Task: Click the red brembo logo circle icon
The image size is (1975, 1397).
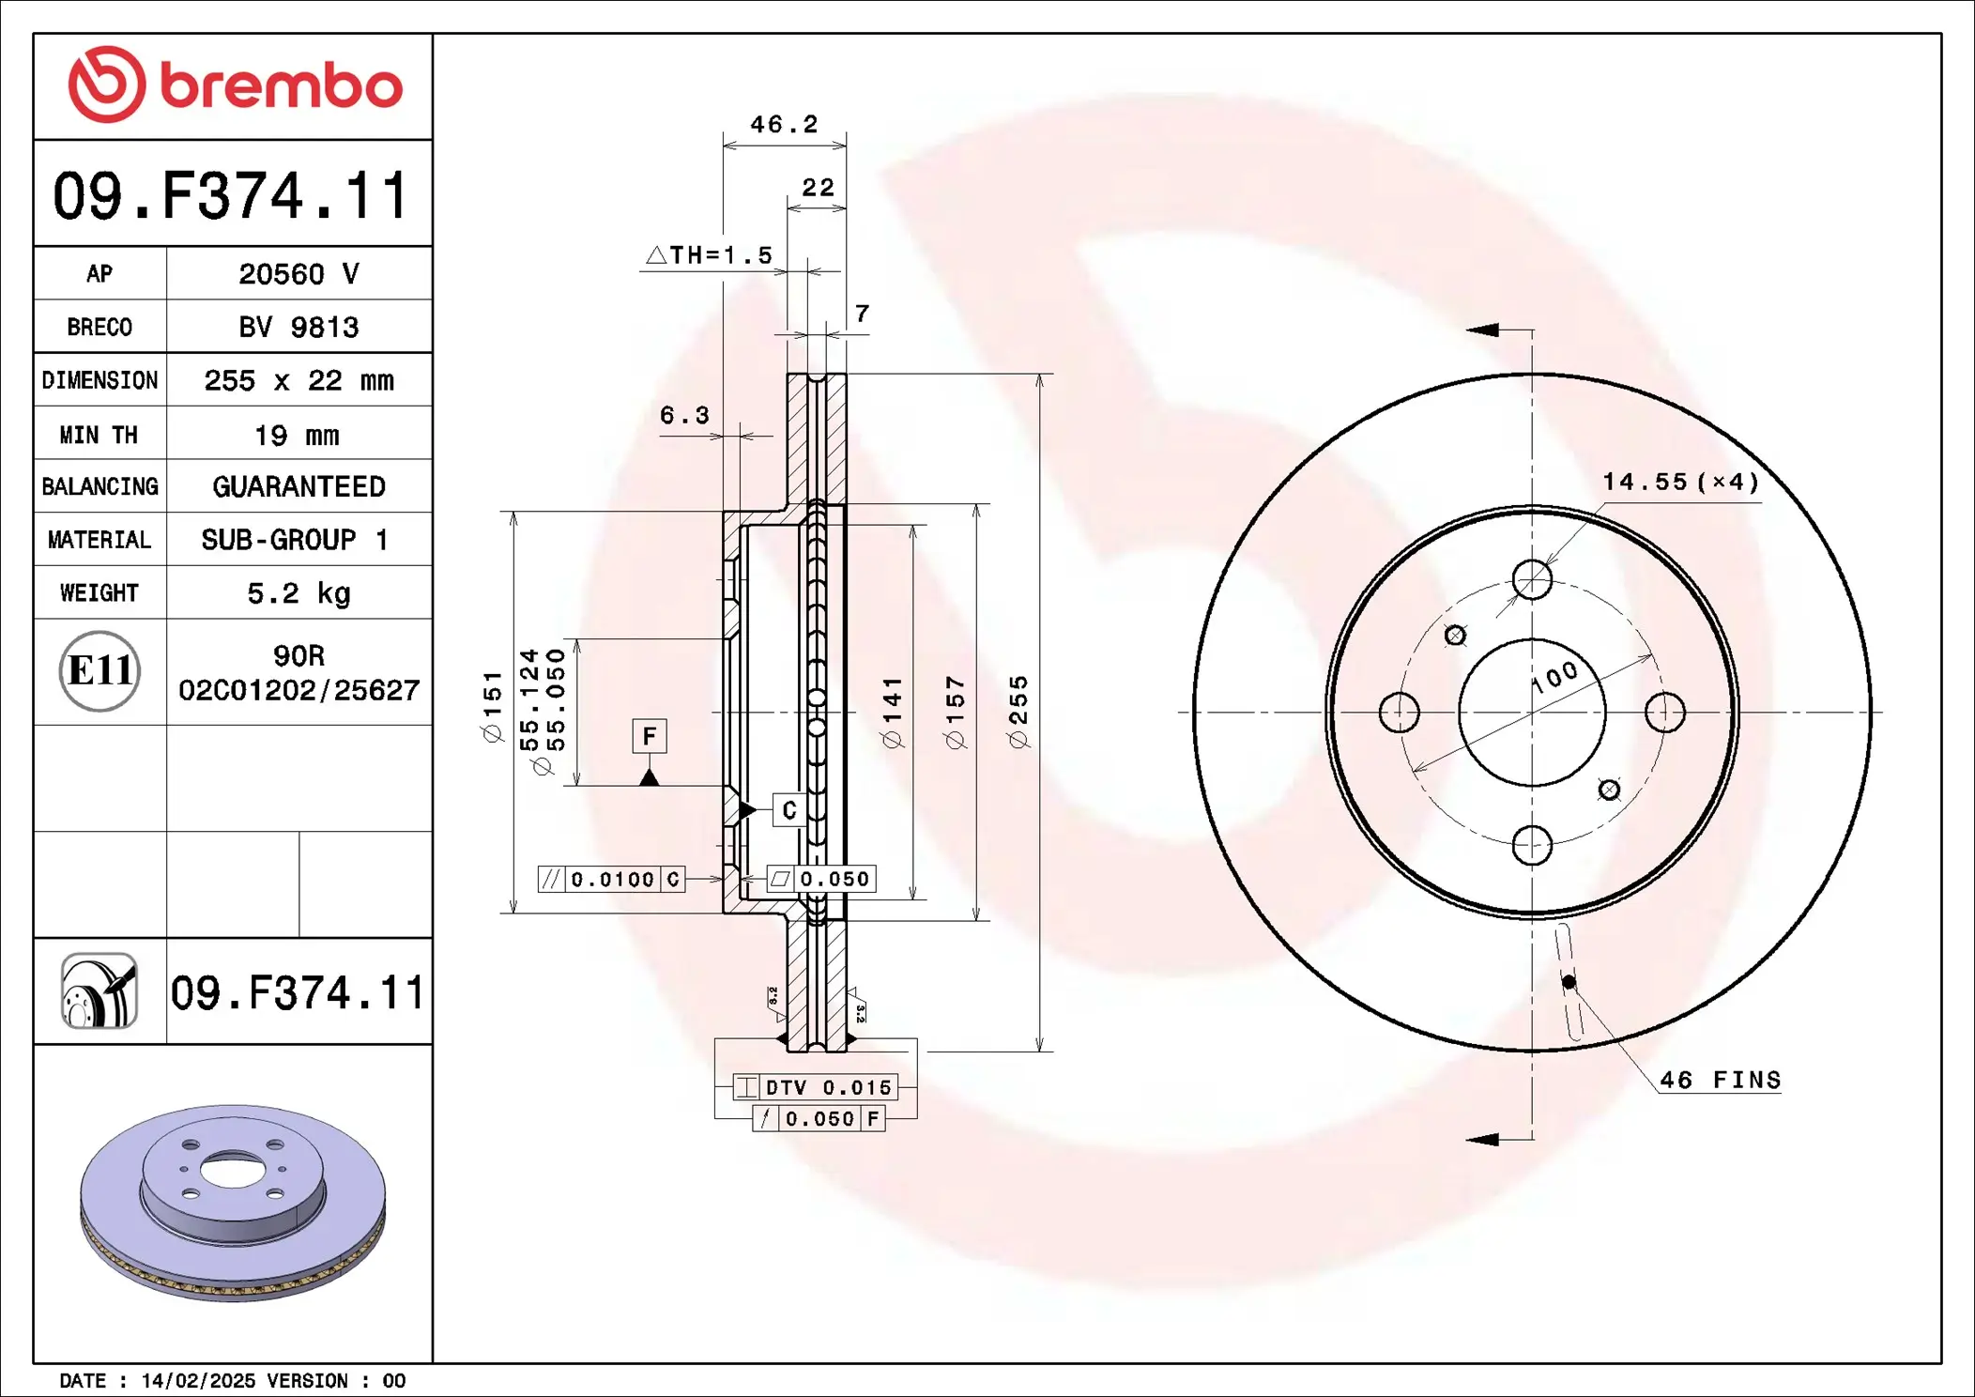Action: click(107, 84)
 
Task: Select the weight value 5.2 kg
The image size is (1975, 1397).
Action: click(299, 593)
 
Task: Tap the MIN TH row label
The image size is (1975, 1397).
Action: click(99, 435)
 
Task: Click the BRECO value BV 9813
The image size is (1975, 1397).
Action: click(299, 328)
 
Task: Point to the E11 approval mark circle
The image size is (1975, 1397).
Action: click(100, 671)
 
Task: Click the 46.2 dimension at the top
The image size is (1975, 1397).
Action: click(784, 125)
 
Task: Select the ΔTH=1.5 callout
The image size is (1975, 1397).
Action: click(711, 255)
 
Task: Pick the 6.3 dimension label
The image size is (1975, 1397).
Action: click(684, 415)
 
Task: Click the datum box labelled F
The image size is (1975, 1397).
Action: click(650, 736)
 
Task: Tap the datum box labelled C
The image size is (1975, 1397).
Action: click(789, 810)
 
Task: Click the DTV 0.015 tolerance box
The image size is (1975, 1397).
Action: click(816, 1087)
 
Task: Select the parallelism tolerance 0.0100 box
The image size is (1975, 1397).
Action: click(611, 880)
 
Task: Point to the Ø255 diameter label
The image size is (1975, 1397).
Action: click(1018, 712)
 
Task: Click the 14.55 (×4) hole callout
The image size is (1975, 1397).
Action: click(1679, 483)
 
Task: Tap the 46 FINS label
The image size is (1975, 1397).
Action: click(1720, 1081)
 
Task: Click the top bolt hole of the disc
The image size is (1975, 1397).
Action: click(1532, 579)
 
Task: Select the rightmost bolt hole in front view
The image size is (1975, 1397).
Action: click(1665, 712)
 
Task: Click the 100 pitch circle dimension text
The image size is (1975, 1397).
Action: click(1555, 676)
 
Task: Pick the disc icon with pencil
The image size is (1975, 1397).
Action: click(100, 991)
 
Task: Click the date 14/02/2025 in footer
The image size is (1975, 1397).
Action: click(198, 1381)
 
